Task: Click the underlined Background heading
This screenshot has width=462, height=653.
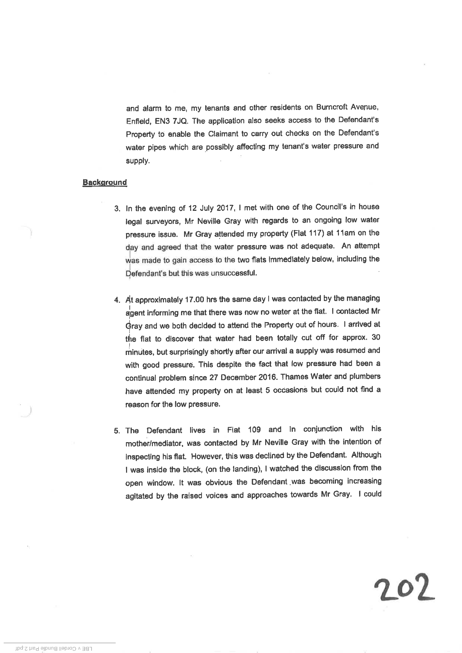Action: (105, 183)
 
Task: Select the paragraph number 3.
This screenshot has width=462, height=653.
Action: (117, 209)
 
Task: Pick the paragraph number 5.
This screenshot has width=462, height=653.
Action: (117, 431)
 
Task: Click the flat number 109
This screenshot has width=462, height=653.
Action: (254, 430)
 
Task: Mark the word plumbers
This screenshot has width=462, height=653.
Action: (364, 376)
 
